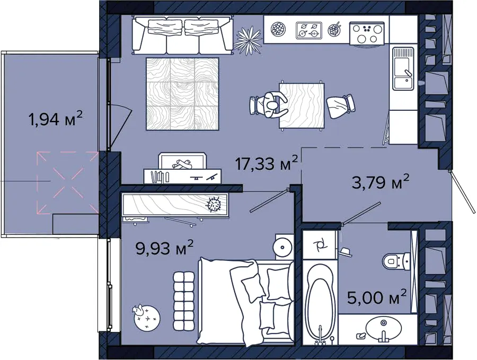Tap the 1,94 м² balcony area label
click(55, 118)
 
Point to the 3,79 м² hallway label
click(380, 182)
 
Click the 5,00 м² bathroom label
click(377, 297)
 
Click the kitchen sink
click(403, 69)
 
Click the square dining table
click(302, 106)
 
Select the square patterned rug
click(182, 94)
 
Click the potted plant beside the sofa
click(248, 40)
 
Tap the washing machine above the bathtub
click(320, 244)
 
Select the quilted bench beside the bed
click(184, 301)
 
